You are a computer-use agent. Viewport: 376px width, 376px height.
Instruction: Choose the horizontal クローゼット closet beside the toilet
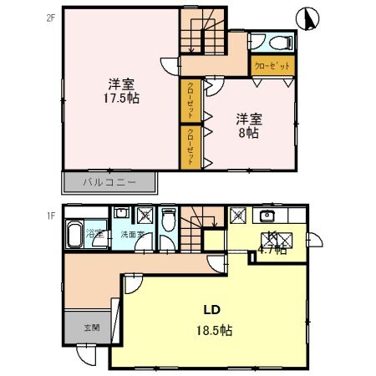[273, 65]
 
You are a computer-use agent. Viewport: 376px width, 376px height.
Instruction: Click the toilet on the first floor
[170, 221]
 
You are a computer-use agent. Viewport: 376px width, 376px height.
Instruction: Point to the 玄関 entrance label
[90, 328]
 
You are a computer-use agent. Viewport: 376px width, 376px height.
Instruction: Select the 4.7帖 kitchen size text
[272, 248]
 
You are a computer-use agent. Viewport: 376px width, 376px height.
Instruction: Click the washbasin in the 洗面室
[122, 213]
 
